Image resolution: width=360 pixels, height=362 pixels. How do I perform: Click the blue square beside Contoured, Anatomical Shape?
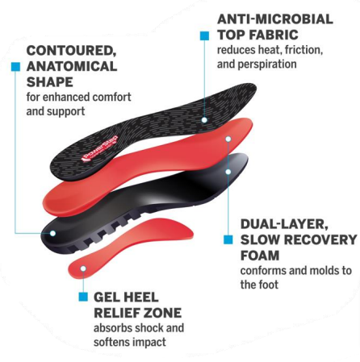pos(15,67)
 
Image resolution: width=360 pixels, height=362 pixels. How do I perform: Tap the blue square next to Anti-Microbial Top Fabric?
pos(204,35)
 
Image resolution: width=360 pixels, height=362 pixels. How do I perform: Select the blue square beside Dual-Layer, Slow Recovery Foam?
pos(228,239)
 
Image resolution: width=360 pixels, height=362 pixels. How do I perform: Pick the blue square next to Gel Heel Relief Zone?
pos(83,297)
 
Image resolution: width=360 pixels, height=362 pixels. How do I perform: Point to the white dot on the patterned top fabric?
pos(204,120)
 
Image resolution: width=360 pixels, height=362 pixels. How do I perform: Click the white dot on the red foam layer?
pos(228,139)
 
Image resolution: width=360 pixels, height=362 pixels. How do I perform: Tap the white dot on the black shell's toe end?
pos(228,172)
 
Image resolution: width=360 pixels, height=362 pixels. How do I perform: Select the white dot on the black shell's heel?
pos(52,233)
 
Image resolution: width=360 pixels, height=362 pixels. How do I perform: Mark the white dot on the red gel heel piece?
pos(83,268)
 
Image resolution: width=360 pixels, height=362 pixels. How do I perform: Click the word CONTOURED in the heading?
pos(71,51)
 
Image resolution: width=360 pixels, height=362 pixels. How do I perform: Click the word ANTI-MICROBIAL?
pos(275,19)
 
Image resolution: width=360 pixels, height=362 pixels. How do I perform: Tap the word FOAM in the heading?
pos(260,256)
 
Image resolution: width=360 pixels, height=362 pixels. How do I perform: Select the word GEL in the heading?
pos(107,298)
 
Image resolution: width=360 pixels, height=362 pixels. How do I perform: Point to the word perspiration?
pos(267,64)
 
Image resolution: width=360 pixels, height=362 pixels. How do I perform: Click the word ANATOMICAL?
pos(72,66)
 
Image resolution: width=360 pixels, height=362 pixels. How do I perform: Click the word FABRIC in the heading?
pos(273,35)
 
